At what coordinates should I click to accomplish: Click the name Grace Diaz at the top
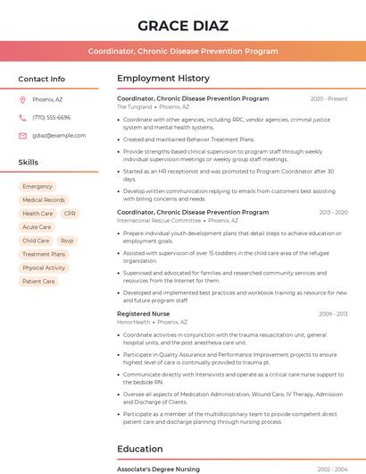[x=183, y=25]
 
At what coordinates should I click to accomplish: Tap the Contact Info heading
[x=42, y=79]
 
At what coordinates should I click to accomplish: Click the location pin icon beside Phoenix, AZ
[x=22, y=99]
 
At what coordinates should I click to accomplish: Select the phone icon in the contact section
[x=22, y=117]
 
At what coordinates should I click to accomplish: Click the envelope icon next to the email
[x=22, y=135]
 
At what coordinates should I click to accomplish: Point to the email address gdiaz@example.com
[x=59, y=135]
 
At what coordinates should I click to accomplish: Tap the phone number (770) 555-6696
[x=51, y=117]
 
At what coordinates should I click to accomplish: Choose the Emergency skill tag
[x=37, y=187]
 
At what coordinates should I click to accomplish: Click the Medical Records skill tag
[x=44, y=200]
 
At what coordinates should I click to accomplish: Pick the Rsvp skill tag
[x=67, y=241]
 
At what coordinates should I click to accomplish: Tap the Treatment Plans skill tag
[x=44, y=254]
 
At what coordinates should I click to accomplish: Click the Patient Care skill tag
[x=38, y=281]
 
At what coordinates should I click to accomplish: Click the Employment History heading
[x=163, y=79]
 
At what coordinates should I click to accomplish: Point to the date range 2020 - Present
[x=329, y=98]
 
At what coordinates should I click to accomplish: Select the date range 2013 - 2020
[x=332, y=213]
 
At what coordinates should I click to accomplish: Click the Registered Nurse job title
[x=143, y=314]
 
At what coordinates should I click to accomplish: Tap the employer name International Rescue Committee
[x=159, y=220]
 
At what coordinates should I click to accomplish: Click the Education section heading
[x=140, y=449]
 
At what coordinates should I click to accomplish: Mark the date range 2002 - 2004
[x=332, y=469]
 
